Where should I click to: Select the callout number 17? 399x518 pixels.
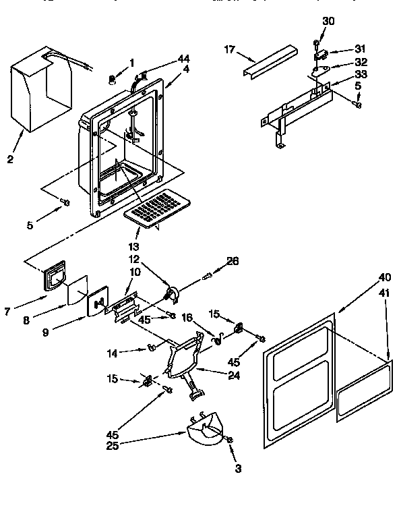230,49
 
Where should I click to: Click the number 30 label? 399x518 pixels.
328,21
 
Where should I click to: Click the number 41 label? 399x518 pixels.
384,294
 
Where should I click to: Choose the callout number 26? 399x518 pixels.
233,261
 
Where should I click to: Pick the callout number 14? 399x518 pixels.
113,352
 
